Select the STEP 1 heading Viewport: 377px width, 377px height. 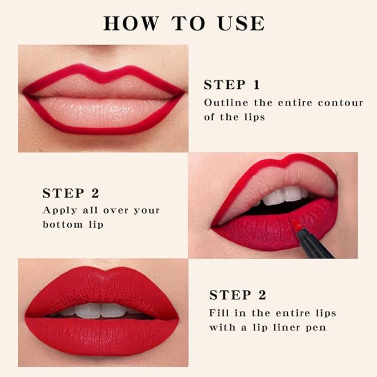tap(232, 85)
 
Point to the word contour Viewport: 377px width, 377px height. tap(339, 103)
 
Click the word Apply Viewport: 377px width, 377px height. tap(59, 210)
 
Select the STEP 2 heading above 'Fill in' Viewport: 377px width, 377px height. tap(238, 295)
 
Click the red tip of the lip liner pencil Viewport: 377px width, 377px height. tap(296, 225)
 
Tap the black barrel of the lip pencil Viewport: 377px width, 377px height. tap(314, 244)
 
